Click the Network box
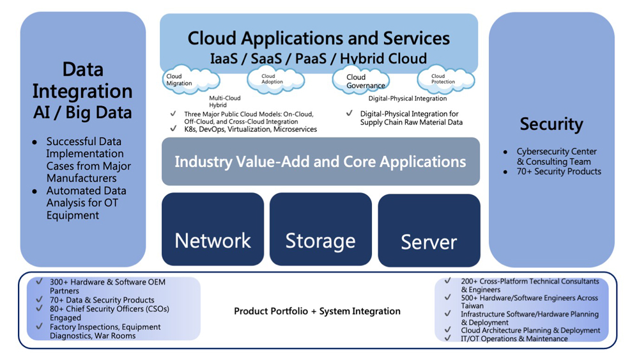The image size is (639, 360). [213, 230]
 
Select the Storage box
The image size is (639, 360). [320, 230]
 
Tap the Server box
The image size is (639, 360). [429, 231]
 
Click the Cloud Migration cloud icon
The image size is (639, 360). [189, 81]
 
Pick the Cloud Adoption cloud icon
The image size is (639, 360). [275, 79]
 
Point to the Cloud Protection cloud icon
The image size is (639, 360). [445, 79]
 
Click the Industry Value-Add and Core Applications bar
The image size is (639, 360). [320, 161]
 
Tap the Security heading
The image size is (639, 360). [551, 124]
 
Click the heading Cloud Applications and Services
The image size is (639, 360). [318, 38]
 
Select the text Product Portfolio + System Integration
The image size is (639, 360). [317, 311]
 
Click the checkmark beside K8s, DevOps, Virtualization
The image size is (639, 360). [173, 129]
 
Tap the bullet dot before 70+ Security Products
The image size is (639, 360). [506, 171]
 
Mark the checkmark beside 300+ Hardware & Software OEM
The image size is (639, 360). [40, 281]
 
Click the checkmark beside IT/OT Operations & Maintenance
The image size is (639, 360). [448, 338]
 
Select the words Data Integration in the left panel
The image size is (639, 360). [82, 80]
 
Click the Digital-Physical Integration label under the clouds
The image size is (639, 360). [408, 98]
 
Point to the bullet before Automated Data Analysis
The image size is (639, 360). [35, 191]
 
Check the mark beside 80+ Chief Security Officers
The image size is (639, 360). [40, 309]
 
